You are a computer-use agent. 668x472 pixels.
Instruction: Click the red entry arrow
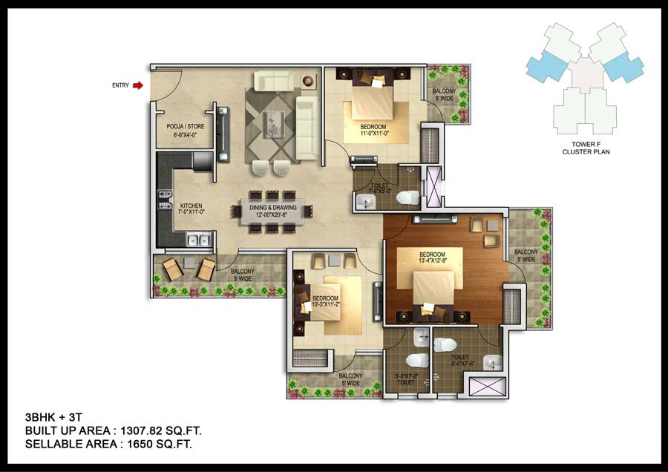pyautogui.click(x=137, y=85)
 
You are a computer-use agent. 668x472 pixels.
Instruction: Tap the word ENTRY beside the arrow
pyautogui.click(x=120, y=85)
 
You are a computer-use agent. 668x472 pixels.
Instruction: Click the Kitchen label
pyautogui.click(x=191, y=209)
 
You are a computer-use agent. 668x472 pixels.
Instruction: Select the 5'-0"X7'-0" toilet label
pyautogui.click(x=406, y=380)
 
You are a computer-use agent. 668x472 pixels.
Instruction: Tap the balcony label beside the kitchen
pyautogui.click(x=242, y=275)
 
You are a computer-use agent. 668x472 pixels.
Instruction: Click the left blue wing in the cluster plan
pyautogui.click(x=546, y=67)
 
